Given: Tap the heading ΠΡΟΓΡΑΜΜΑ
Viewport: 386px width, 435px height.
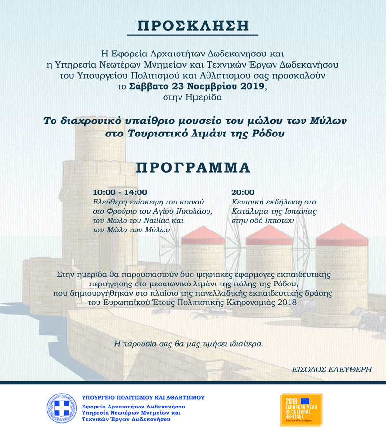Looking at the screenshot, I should [193, 167].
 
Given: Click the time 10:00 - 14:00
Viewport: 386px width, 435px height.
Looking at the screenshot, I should [120, 192].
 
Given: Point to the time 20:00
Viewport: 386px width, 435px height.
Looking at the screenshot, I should [242, 192].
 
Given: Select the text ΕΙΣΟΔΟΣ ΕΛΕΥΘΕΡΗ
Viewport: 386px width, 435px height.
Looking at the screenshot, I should [332, 369].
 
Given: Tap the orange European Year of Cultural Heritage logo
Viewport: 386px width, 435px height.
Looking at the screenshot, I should [301, 410].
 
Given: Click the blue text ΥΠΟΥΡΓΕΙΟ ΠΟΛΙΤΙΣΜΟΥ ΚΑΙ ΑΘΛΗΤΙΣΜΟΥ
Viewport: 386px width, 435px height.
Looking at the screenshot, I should [143, 398].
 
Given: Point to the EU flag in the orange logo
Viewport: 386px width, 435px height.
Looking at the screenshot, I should [304, 401].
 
